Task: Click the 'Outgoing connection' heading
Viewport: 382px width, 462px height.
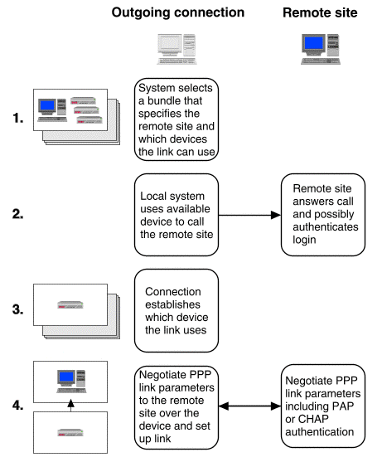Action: pos(178,12)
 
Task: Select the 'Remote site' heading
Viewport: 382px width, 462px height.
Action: pos(320,12)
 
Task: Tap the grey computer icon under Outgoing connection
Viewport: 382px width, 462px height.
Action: pos(176,49)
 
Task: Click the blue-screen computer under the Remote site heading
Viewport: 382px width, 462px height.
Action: pos(321,49)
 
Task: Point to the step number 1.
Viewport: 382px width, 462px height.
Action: pos(18,118)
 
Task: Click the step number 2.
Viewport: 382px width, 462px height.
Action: pos(17,214)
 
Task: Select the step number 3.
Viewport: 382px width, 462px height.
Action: pos(17,309)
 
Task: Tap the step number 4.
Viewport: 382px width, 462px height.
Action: pos(17,405)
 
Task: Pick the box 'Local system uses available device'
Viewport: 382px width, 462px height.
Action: pos(176,215)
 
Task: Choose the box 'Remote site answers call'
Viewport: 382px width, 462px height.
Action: pos(323,215)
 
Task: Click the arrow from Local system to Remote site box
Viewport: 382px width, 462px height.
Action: pos(249,215)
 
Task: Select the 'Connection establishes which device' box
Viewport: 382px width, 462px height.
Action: pos(176,310)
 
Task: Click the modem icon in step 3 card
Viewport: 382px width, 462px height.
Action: pos(70,304)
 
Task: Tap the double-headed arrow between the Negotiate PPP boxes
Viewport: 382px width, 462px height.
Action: pos(249,406)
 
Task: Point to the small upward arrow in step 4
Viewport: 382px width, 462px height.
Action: pos(70,406)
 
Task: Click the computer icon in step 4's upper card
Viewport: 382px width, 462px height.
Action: pos(71,382)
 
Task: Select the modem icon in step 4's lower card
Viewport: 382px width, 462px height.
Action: pos(70,432)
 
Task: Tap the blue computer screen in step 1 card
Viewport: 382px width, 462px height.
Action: pos(47,105)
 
